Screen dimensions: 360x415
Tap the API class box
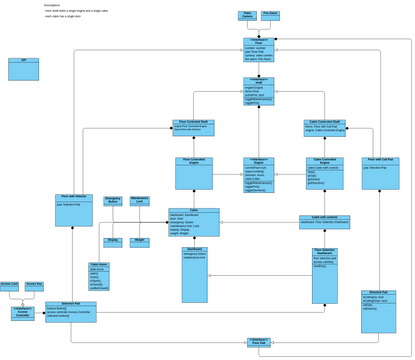pos(24,69)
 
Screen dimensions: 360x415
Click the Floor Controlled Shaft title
pos(193,122)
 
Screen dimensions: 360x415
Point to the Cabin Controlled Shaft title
pos(325,122)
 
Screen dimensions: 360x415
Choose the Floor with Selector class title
pos(73,197)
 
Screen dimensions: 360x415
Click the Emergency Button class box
pos(113,202)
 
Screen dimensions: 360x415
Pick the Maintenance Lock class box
pos(140,201)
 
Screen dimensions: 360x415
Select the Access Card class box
pos(9,286)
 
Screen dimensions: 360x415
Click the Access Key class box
pos(34,286)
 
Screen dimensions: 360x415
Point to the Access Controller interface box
pos(22,313)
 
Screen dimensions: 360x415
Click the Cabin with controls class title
pos(324,217)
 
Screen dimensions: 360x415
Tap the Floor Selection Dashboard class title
pos(324,253)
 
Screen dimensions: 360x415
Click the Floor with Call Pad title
pos(380,159)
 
